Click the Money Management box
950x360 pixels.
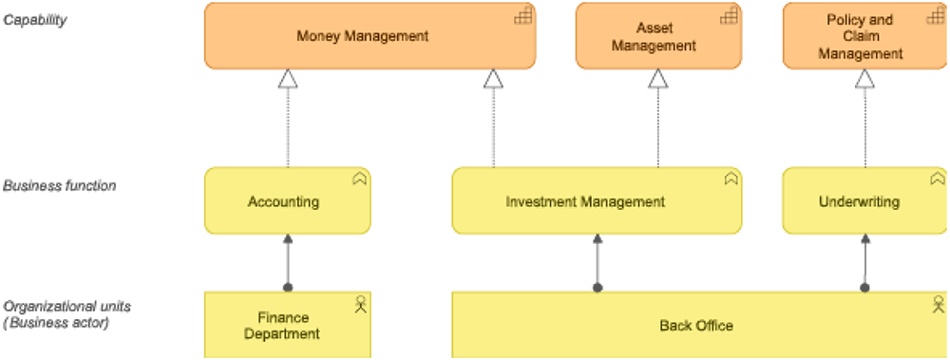click(x=362, y=36)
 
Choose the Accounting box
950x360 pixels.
click(x=283, y=201)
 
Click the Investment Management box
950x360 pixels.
click(x=584, y=201)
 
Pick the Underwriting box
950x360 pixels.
click(x=858, y=201)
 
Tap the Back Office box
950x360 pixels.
click(x=695, y=326)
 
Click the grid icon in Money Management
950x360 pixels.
click(x=522, y=15)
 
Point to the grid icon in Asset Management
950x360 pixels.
click(x=729, y=15)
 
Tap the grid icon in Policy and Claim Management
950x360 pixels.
click(x=936, y=15)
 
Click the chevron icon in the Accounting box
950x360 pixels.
click(x=359, y=179)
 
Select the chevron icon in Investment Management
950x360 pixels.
click(x=731, y=179)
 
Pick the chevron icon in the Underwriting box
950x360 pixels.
click(x=938, y=179)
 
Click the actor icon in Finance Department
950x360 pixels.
click(x=360, y=304)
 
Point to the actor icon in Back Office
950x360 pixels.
click(x=939, y=304)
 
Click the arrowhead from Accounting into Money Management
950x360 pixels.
click(x=288, y=79)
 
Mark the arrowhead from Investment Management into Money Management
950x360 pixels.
click(x=493, y=79)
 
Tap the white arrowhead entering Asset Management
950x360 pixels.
click(x=657, y=79)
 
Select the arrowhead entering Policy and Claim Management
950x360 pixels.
click(x=864, y=79)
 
